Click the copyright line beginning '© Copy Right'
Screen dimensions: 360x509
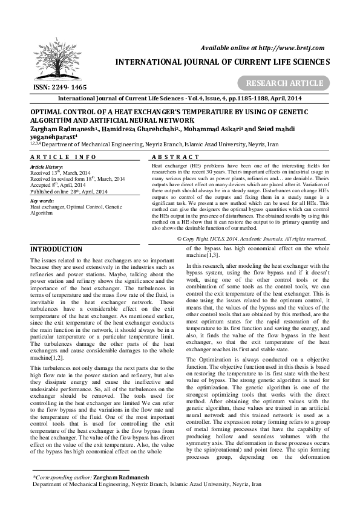[252, 239]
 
